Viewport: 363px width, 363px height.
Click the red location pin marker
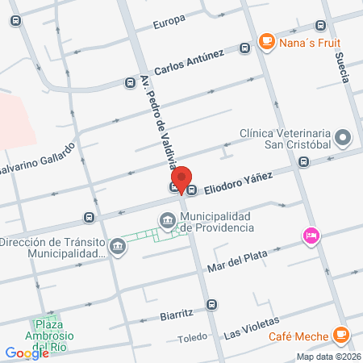182,179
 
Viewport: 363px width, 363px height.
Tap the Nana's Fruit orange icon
265,41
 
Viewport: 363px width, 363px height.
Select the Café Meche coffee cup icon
341,333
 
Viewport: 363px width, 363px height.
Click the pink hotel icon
310,236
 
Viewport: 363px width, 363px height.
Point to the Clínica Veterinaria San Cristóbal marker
344,138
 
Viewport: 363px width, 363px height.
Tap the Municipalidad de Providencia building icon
167,219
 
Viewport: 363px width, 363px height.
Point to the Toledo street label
193,338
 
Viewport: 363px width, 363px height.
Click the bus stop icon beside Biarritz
211,304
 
